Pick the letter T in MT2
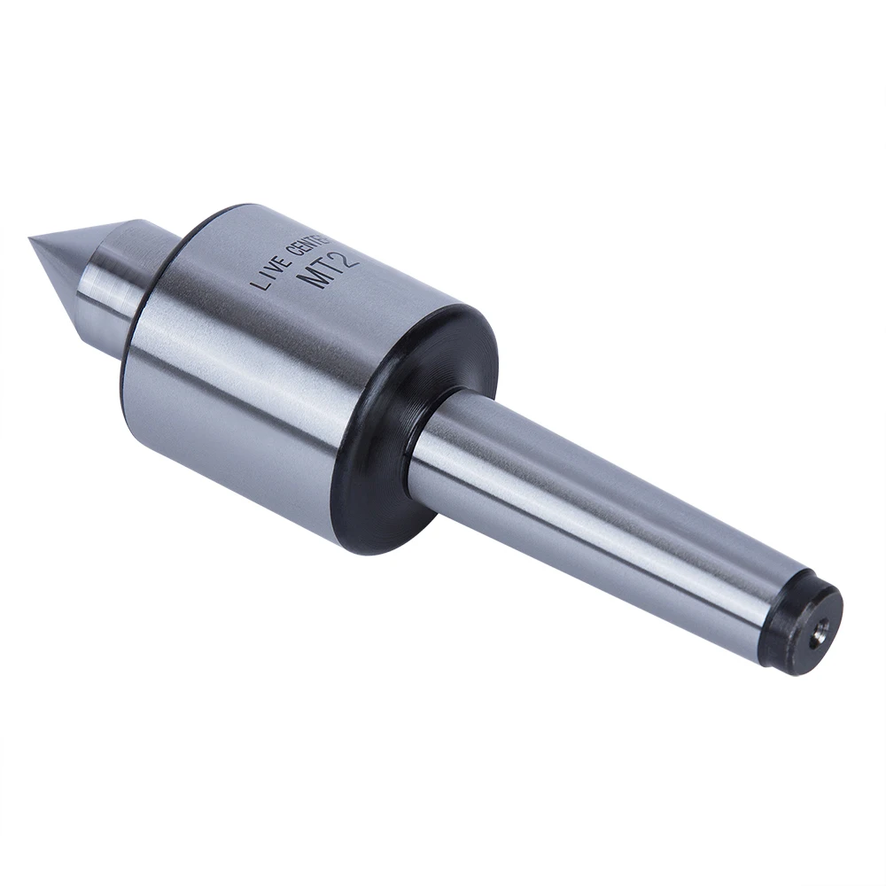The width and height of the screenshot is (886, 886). click(x=331, y=266)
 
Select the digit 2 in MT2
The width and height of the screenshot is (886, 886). click(x=348, y=255)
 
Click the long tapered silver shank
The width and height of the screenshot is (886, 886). click(x=602, y=514)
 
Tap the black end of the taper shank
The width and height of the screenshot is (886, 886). click(x=811, y=620)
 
